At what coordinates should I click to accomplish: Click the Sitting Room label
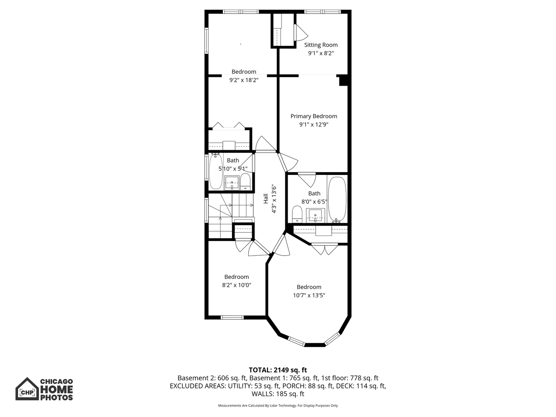(x=321, y=45)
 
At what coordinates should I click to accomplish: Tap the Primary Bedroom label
(x=314, y=116)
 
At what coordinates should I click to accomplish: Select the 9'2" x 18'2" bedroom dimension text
(x=244, y=80)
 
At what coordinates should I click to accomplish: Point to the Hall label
(x=266, y=198)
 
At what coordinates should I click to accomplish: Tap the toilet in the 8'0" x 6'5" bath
(x=297, y=214)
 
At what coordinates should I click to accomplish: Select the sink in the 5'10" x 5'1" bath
(x=232, y=182)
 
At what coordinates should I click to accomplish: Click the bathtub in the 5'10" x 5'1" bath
(x=216, y=171)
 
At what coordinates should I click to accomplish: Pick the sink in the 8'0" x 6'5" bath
(x=315, y=215)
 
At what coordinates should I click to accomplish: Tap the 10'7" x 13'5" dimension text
(x=309, y=295)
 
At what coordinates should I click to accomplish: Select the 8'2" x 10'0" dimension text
(x=236, y=285)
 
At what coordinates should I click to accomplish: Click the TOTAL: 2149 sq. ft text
(x=278, y=370)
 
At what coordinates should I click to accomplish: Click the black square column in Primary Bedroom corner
(x=343, y=80)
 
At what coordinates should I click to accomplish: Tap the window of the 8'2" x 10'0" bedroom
(x=232, y=317)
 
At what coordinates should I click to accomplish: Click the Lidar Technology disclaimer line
(x=278, y=405)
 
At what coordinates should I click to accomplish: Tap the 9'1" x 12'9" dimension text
(x=314, y=125)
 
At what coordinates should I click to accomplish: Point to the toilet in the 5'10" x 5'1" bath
(x=245, y=181)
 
